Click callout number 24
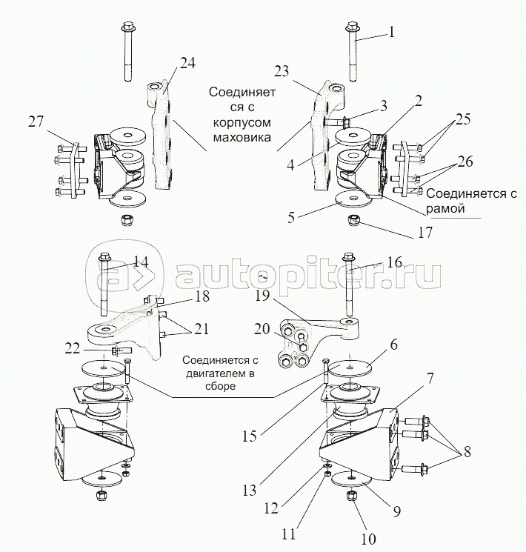[187, 64]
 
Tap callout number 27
[36, 122]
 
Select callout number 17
[425, 233]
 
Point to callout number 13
[249, 491]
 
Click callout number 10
[369, 539]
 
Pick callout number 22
[73, 349]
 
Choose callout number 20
[262, 330]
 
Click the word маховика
[242, 136]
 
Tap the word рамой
[445, 209]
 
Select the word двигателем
[220, 373]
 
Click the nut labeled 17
[353, 220]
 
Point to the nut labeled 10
[352, 496]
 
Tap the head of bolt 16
[348, 256]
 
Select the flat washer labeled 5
[353, 200]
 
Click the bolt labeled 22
[121, 350]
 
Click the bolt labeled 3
[337, 123]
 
